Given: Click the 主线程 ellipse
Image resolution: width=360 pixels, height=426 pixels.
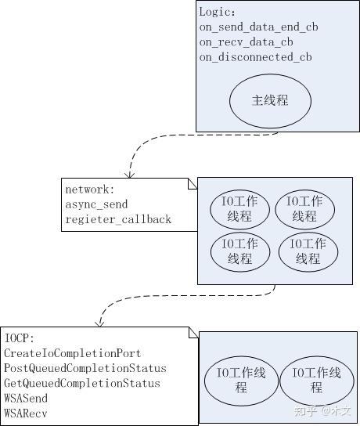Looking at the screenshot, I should pos(269,102).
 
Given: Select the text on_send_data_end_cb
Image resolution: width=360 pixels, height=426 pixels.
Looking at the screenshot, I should pos(258,27).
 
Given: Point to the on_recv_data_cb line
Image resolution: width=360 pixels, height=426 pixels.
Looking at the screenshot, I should pos(246,42).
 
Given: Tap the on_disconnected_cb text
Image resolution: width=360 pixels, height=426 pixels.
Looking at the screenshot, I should pos(255,57).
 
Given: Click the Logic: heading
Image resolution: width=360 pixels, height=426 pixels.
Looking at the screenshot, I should pos(217,13).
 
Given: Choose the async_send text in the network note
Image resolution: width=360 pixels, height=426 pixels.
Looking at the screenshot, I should pos(96,204).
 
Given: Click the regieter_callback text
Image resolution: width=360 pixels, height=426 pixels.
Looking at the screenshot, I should pos(117,219).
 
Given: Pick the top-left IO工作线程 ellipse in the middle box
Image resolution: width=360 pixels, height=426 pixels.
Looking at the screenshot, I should pos(239,208).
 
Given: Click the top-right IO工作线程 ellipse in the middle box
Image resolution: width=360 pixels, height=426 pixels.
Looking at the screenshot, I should pos(305,208).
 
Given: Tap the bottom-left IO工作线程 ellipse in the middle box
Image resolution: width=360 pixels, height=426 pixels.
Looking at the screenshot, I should pos(239,251).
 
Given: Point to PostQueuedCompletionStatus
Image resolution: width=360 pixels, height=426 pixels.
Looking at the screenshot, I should pos(85,368).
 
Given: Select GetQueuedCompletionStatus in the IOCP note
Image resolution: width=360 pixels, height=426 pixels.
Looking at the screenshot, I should pos(81,383).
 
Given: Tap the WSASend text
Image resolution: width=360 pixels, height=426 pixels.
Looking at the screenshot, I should pos(26,398).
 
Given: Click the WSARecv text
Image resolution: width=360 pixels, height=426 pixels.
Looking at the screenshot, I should pos(26,413).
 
